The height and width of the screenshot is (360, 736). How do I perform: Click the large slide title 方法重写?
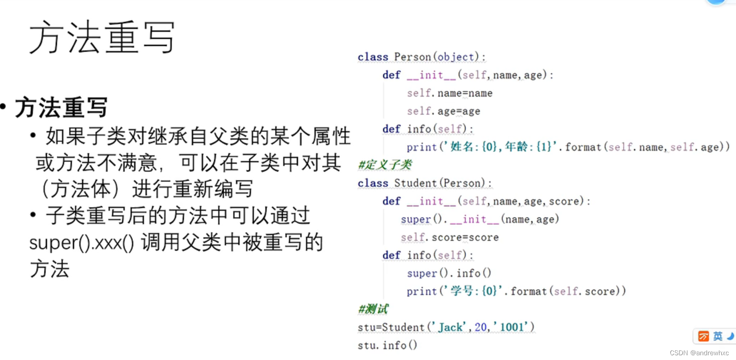(x=102, y=37)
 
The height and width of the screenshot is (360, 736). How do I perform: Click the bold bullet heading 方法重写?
(x=61, y=107)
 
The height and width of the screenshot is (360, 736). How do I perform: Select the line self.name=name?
(x=449, y=93)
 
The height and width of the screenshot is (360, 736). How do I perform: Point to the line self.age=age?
(x=443, y=111)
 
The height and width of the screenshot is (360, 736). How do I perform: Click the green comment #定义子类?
(x=385, y=165)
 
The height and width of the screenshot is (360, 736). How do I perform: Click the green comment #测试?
(x=373, y=310)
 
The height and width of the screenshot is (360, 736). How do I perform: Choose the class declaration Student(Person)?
(x=442, y=183)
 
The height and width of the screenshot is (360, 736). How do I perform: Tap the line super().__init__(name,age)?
(x=480, y=219)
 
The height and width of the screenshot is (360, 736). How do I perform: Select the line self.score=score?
(x=449, y=237)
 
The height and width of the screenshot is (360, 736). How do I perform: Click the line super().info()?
(x=449, y=273)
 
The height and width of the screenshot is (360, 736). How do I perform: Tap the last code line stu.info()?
(x=387, y=345)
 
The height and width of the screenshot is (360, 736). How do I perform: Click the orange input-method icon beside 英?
(x=703, y=337)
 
